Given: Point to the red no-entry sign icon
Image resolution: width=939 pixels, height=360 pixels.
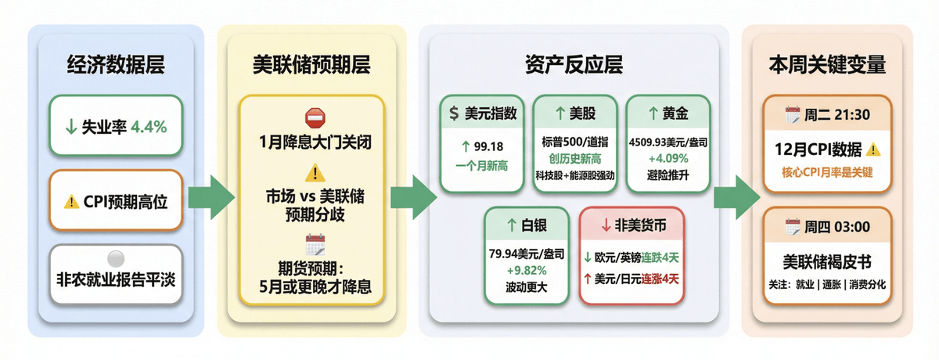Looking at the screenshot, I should (x=313, y=118).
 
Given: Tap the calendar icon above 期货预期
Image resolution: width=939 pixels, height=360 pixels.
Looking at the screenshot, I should (x=314, y=245).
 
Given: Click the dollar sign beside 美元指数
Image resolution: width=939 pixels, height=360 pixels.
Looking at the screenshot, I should (x=454, y=114).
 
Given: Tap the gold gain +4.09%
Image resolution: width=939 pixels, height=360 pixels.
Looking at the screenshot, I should (x=668, y=160).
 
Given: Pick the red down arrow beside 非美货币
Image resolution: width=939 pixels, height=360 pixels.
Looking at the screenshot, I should (x=606, y=226).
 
